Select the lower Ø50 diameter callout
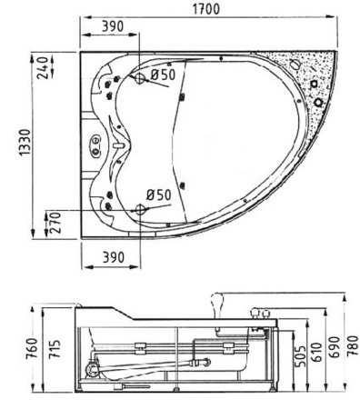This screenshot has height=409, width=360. (x=161, y=195)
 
